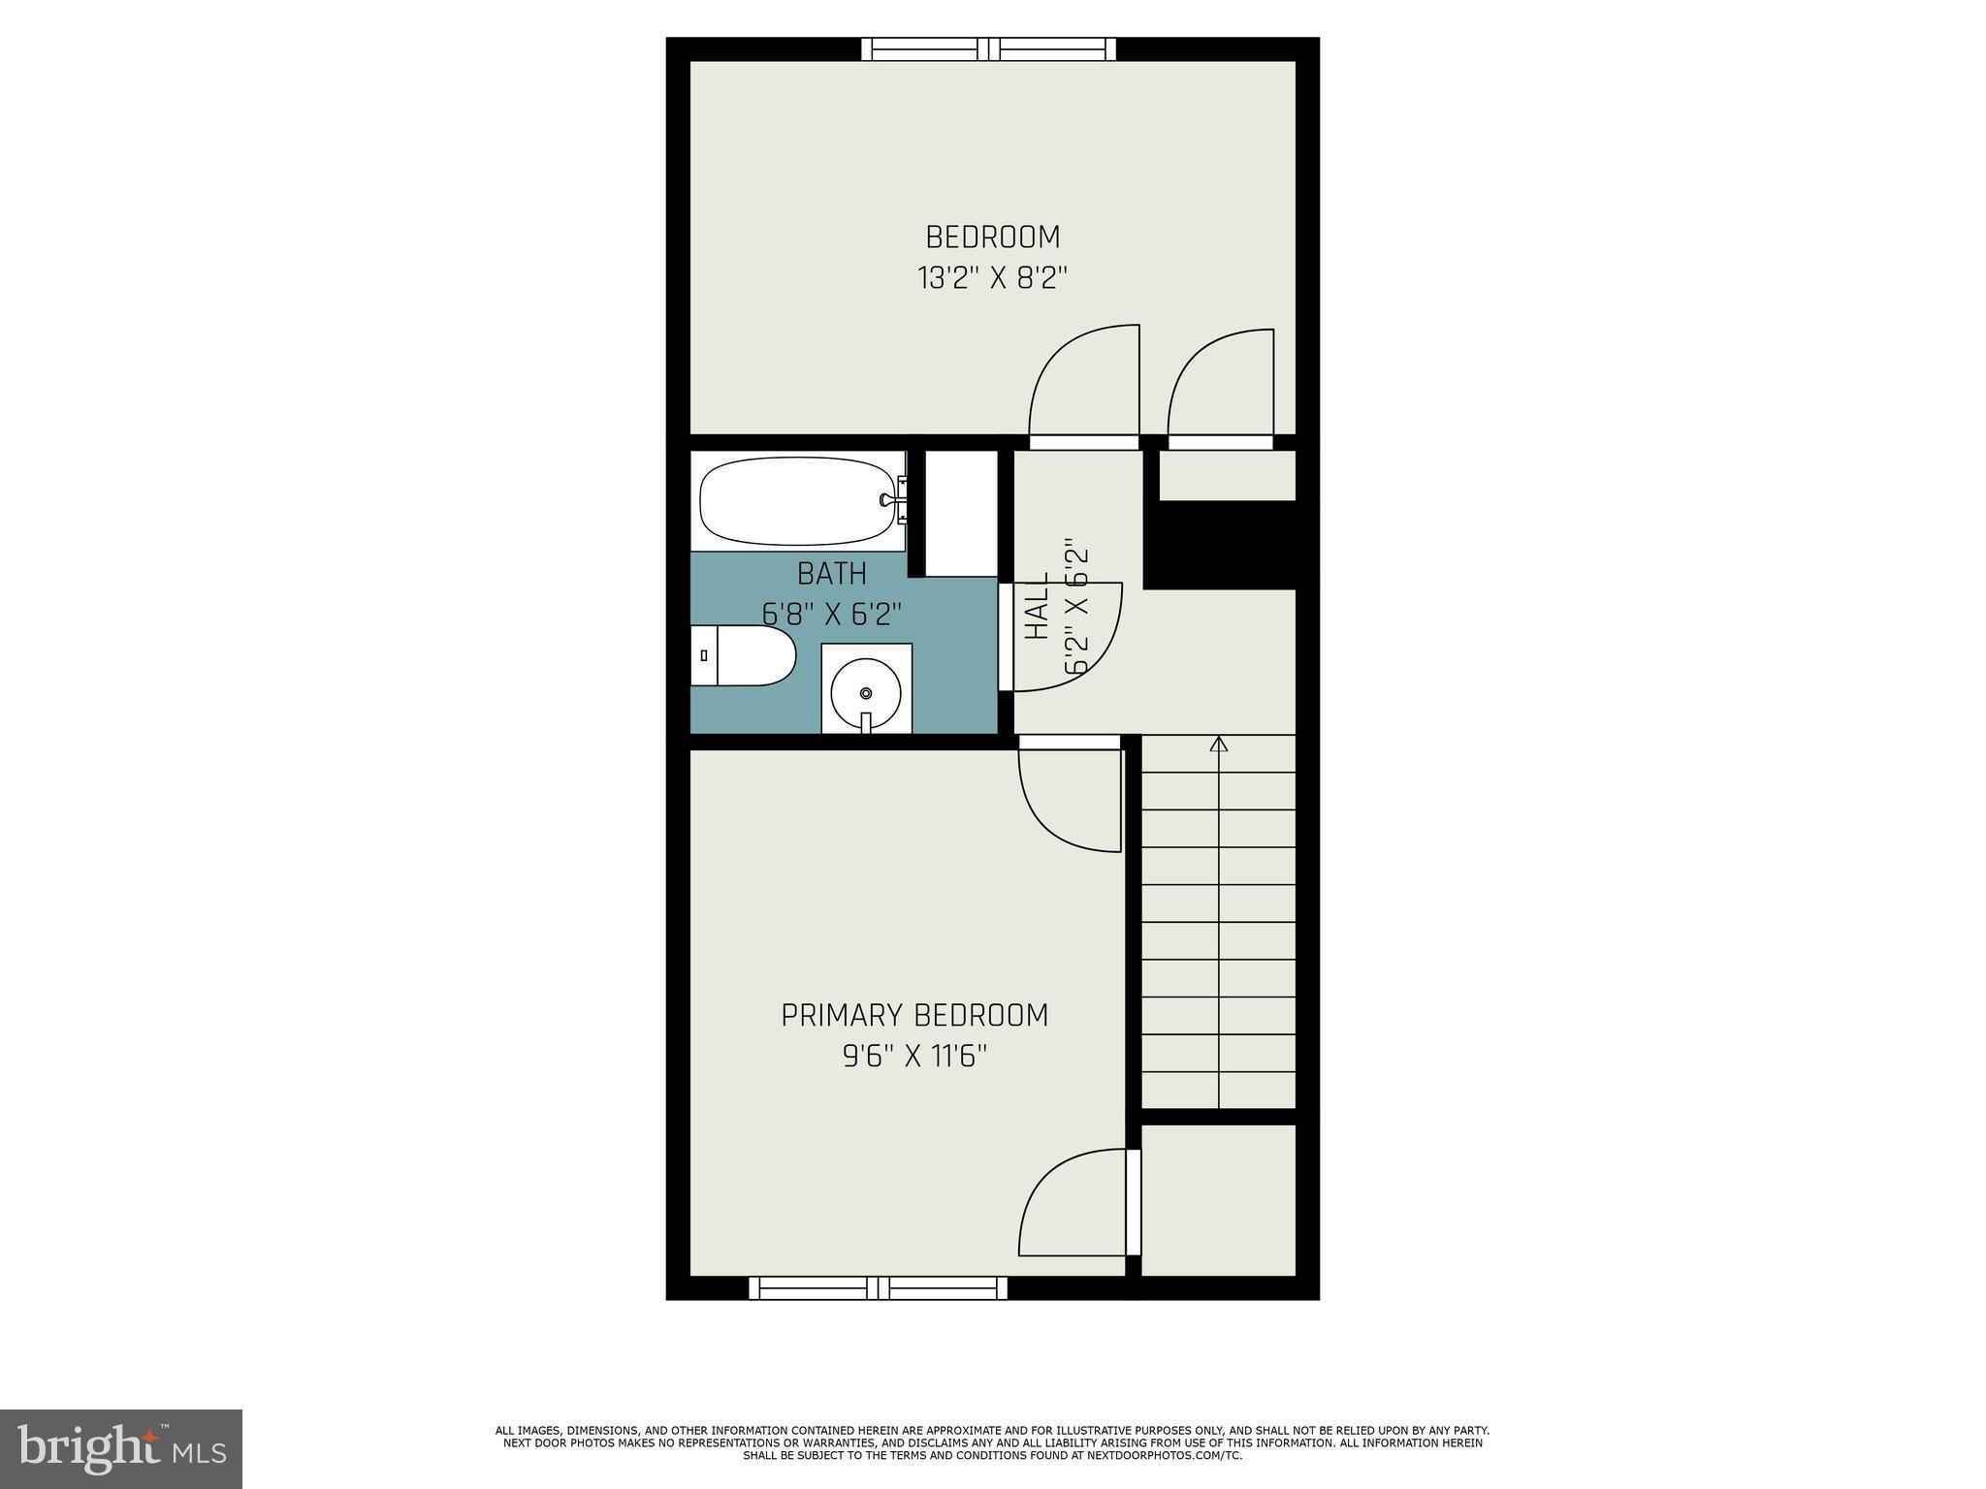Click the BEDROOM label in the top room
(x=992, y=237)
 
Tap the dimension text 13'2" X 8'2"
(x=992, y=279)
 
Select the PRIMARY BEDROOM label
(x=914, y=1015)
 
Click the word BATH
(x=831, y=574)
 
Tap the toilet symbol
(x=742, y=655)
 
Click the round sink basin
(x=866, y=692)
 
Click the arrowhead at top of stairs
(x=1219, y=744)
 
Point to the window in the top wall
(x=988, y=48)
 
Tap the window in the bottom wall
(x=878, y=1287)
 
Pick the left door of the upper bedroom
(x=1083, y=388)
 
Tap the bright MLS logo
(x=121, y=1448)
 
